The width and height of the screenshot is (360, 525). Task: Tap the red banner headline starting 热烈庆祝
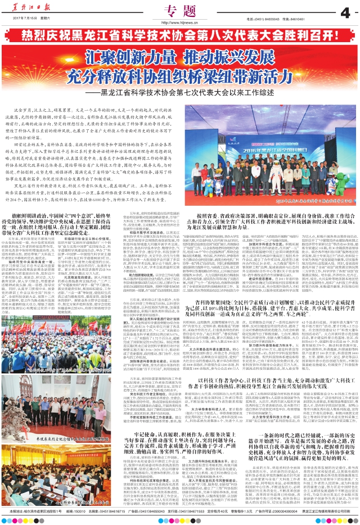point(180,35)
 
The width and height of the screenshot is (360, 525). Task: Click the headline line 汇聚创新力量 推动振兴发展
point(180,57)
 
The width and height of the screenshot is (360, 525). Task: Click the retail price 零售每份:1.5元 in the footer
point(240,519)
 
